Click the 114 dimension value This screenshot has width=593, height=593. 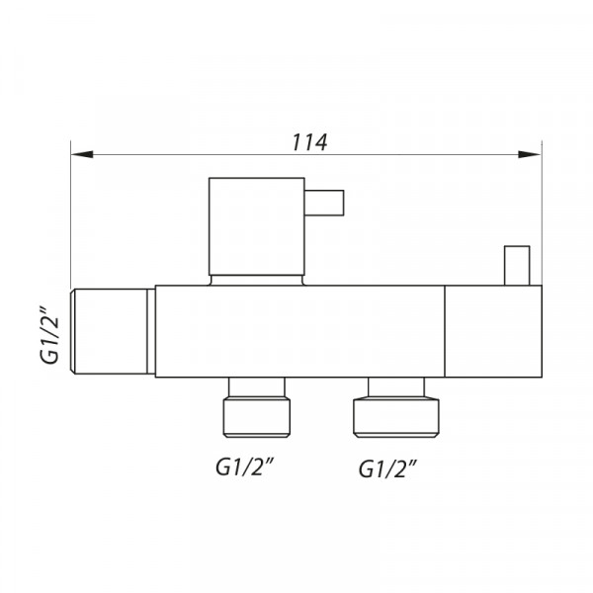click(x=309, y=142)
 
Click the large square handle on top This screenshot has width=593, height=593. click(x=256, y=225)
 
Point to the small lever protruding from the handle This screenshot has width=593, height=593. click(x=323, y=203)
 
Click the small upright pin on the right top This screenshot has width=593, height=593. click(x=515, y=265)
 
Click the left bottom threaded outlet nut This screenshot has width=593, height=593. click(x=258, y=414)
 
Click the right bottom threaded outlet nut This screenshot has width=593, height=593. click(x=395, y=415)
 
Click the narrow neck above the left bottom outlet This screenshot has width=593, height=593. click(x=258, y=385)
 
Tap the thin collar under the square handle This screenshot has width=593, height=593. click(x=256, y=279)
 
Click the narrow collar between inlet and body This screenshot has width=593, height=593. click(x=151, y=330)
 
